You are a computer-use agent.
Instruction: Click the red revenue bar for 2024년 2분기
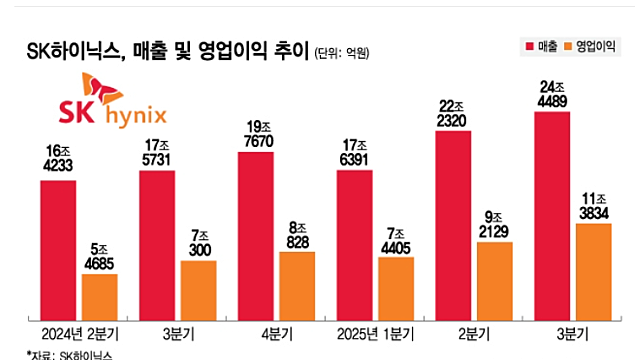click(x=58, y=250)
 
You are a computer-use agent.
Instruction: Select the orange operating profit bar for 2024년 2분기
click(x=99, y=296)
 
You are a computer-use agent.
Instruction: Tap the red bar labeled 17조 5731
click(x=156, y=245)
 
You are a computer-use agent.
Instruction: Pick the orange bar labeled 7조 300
click(x=198, y=290)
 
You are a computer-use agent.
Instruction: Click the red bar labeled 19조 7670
click(x=256, y=235)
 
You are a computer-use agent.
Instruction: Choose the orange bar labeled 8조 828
click(x=297, y=285)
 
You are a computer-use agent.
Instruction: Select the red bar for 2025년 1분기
click(x=354, y=245)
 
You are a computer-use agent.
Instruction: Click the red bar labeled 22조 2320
click(x=453, y=225)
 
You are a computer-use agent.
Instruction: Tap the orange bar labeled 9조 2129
click(x=495, y=281)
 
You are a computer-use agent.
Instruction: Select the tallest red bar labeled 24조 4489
click(x=552, y=215)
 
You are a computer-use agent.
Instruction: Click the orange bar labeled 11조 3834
click(x=594, y=271)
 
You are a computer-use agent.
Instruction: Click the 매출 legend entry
click(x=540, y=47)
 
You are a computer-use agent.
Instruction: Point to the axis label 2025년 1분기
click(x=375, y=333)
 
